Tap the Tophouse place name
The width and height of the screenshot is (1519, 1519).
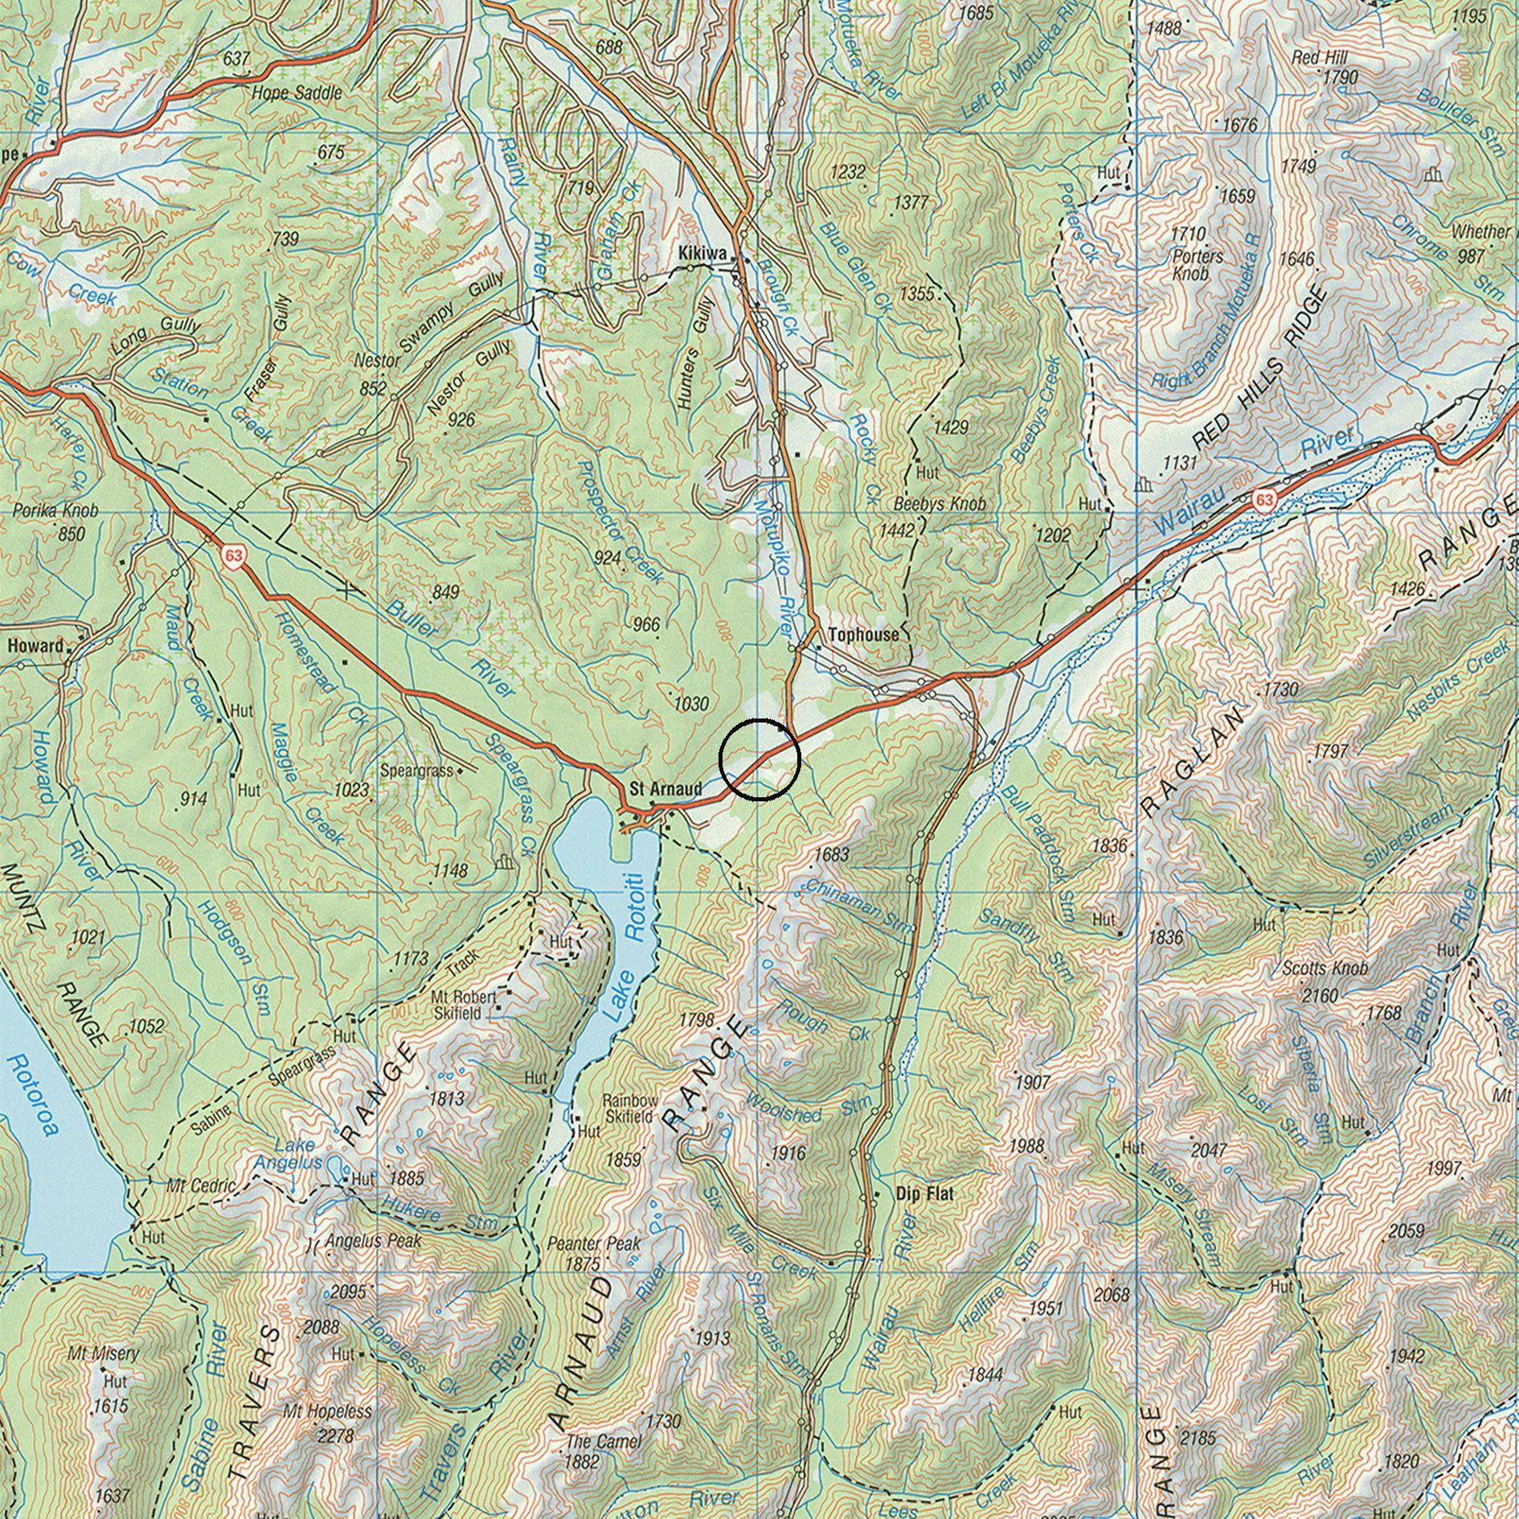pyautogui.click(x=863, y=635)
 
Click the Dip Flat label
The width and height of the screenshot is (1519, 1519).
pyautogui.click(x=924, y=1194)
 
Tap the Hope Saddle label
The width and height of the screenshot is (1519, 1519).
pyautogui.click(x=297, y=93)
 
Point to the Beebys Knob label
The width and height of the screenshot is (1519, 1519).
pyautogui.click(x=939, y=505)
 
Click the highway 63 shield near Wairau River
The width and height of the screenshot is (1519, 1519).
pyautogui.click(x=1264, y=500)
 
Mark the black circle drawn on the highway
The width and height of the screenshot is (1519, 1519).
pyautogui.click(x=759, y=759)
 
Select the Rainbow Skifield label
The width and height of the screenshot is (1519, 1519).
pyautogui.click(x=631, y=1108)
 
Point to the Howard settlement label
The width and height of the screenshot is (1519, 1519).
pyautogui.click(x=35, y=645)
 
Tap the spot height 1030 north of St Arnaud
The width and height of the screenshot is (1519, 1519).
pyautogui.click(x=691, y=705)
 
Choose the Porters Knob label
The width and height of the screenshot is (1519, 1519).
pyautogui.click(x=1198, y=264)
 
